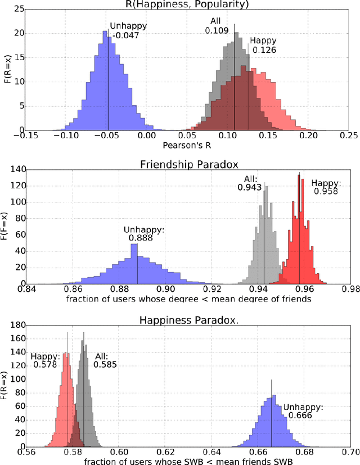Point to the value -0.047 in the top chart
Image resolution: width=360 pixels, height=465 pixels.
(x=120, y=35)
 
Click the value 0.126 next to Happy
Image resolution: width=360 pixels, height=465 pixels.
(x=262, y=50)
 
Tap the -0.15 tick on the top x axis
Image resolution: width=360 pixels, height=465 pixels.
(x=21, y=136)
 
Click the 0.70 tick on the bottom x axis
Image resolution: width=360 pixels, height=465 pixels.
(x=348, y=450)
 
